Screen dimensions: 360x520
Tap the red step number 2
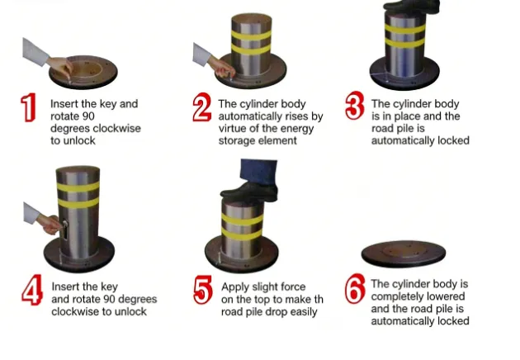pos(201,108)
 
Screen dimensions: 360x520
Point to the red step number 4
pos(31,292)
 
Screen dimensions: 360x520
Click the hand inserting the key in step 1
pos(58,63)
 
